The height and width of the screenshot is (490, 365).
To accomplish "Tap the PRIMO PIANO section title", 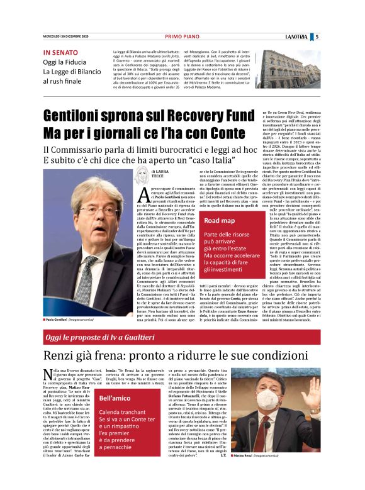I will point(182,36).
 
